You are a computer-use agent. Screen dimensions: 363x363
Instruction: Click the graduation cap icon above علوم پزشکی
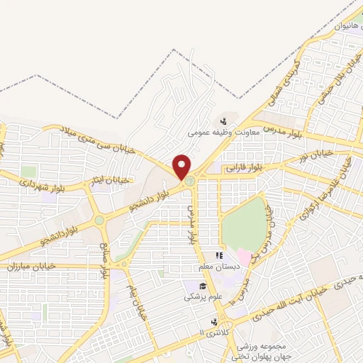(192, 286)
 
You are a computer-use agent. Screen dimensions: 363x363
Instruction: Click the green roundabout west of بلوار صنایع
(99, 220)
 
